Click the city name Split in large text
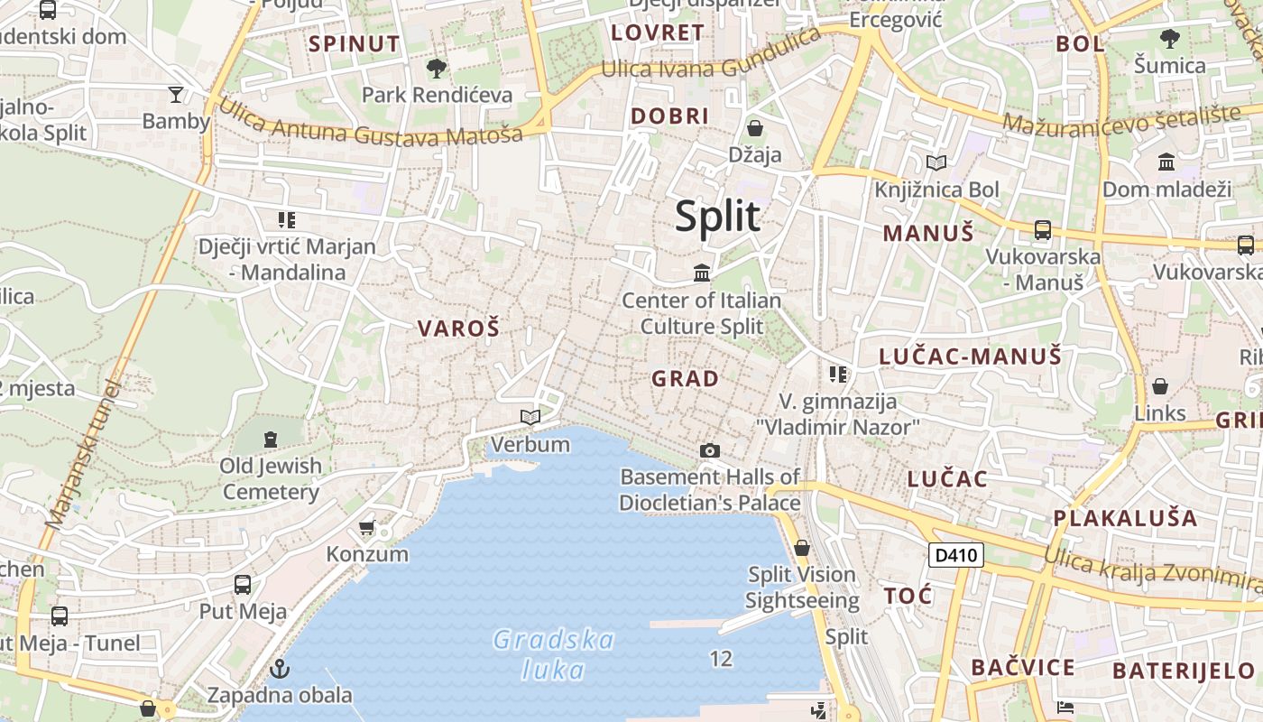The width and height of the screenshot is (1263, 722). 718,218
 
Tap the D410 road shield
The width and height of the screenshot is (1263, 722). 956,555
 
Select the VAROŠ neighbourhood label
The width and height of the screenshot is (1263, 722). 458,329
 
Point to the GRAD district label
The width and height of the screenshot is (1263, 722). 686,379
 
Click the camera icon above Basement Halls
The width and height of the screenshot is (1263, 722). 710,450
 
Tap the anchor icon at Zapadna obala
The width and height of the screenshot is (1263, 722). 280,669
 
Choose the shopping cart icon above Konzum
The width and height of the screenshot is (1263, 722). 367,527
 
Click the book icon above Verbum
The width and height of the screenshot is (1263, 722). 530,417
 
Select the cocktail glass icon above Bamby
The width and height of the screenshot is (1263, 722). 176,94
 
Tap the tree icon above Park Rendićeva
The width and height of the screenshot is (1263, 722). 437,69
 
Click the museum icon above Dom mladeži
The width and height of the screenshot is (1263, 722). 1166,162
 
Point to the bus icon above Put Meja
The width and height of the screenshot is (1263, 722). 243,584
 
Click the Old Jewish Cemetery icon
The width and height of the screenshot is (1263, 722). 270,440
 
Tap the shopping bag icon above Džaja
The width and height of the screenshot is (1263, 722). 755,128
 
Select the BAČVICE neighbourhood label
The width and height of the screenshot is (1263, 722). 1023,668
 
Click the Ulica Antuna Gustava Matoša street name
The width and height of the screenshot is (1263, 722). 370,125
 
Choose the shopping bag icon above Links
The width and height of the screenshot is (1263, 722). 1160,386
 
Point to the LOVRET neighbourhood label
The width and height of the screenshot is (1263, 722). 658,33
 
